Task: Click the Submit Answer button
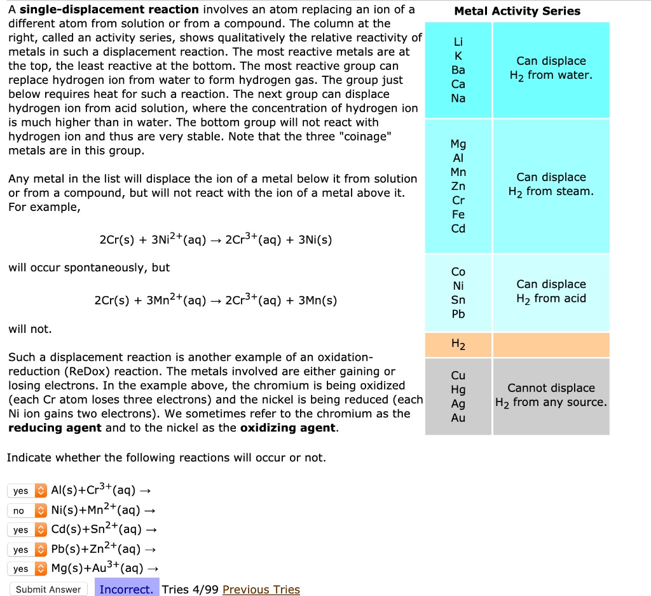48,589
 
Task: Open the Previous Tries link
261,589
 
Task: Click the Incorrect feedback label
127,589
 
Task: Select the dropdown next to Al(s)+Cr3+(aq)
27,491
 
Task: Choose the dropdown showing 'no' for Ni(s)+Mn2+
27,510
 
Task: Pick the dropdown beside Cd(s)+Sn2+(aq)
27,530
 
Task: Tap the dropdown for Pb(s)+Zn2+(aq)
27,549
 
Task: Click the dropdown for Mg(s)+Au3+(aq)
27,569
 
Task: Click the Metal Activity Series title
517,11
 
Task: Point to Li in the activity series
458,42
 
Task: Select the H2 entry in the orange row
458,345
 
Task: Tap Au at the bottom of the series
458,417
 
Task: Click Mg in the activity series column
458,144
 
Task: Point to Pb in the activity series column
458,314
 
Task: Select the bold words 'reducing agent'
55,428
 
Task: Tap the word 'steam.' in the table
575,191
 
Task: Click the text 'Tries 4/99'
190,589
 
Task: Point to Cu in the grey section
458,375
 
